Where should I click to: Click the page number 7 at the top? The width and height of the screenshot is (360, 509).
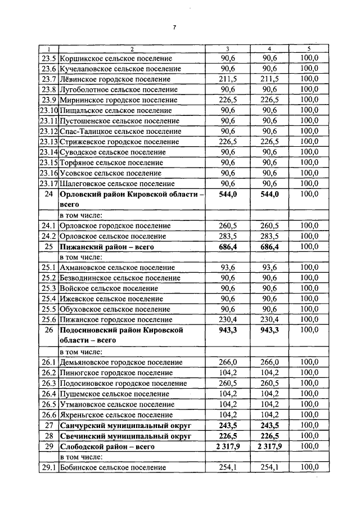click(175, 28)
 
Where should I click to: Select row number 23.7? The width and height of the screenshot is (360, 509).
click(49, 79)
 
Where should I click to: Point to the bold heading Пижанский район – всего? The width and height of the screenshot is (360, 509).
click(106, 246)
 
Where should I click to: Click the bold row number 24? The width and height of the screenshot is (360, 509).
click(48, 194)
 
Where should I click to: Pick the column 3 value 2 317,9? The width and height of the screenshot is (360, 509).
click(228, 446)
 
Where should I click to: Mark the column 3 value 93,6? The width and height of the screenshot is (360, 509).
click(228, 267)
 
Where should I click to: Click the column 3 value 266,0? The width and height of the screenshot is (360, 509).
click(228, 362)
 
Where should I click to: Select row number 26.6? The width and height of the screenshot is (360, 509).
click(48, 415)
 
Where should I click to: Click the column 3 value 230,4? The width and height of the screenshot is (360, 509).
click(228, 319)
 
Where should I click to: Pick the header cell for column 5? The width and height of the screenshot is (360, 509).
click(309, 48)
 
